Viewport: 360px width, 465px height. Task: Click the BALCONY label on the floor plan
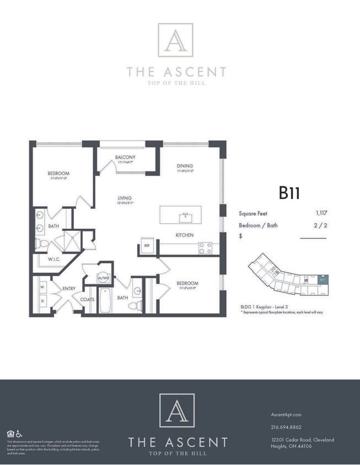pyautogui.click(x=125, y=157)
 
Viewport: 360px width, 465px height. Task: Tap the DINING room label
pyautogui.click(x=184, y=166)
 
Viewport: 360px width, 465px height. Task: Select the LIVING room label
pyautogui.click(x=125, y=198)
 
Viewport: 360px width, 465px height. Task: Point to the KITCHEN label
pyautogui.click(x=184, y=235)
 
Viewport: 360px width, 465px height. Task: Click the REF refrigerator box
pyautogui.click(x=147, y=246)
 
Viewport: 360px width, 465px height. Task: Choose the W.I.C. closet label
pyautogui.click(x=53, y=258)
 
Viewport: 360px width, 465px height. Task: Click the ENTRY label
pyautogui.click(x=69, y=288)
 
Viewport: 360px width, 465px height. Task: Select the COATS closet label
pyautogui.click(x=88, y=300)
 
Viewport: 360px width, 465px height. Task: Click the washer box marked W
pyautogui.click(x=42, y=286)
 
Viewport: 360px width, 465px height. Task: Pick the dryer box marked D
pyautogui.click(x=42, y=301)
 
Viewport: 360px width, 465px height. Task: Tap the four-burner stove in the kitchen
pyautogui.click(x=205, y=248)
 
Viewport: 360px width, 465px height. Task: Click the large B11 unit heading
pyautogui.click(x=289, y=193)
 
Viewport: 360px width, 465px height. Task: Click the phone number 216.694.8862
pyautogui.click(x=287, y=427)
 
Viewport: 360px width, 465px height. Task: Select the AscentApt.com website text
pyautogui.click(x=287, y=414)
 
